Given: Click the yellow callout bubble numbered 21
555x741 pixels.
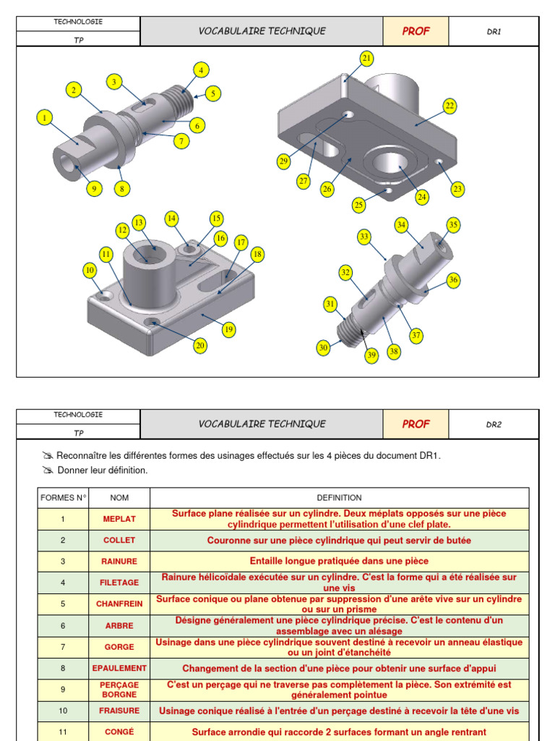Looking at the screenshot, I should tap(366, 58).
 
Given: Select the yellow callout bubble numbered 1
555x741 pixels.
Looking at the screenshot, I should tap(44, 117).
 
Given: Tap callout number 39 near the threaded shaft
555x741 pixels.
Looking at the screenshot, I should tap(371, 355).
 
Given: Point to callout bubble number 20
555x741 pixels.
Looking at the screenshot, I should tap(200, 346).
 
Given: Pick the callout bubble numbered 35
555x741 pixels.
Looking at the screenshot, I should tap(453, 225).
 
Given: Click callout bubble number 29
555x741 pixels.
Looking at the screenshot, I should tap(284, 161).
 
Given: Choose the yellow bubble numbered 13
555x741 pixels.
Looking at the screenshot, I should tap(139, 222).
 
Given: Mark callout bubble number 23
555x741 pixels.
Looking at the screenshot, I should tap(457, 190).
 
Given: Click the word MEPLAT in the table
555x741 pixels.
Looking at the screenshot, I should tap(119, 519).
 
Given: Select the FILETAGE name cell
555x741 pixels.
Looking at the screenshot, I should tap(119, 583).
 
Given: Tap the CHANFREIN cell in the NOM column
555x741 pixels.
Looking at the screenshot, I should tap(119, 604).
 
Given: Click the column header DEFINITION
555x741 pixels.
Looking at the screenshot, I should tap(339, 498).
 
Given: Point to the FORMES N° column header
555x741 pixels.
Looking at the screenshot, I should tap(63, 498).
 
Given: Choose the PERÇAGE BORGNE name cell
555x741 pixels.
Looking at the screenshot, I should tap(119, 690).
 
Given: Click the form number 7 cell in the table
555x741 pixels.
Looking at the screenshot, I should tap(63, 647).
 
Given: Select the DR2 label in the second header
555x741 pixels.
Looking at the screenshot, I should tap(494, 425).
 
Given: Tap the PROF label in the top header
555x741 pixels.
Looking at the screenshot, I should tap(416, 31).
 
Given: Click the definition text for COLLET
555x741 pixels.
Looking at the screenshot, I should tap(339, 541).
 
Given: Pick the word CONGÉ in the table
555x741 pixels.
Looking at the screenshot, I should tap(119, 732).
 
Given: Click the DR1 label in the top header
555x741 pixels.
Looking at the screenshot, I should tap(494, 32).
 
